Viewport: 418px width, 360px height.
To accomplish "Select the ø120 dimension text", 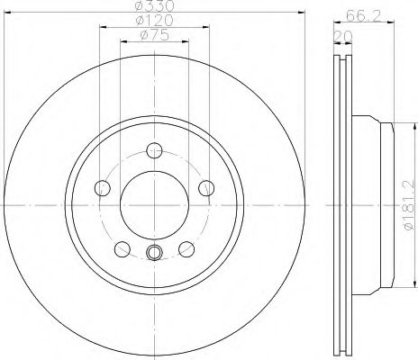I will tap(154, 21).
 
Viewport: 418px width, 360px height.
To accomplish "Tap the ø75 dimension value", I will tap(154, 35).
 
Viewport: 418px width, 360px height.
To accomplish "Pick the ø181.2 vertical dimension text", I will tap(407, 206).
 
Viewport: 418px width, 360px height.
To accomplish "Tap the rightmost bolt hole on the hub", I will tap(206, 188).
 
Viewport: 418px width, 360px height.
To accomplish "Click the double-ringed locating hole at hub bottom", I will tap(154, 253).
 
